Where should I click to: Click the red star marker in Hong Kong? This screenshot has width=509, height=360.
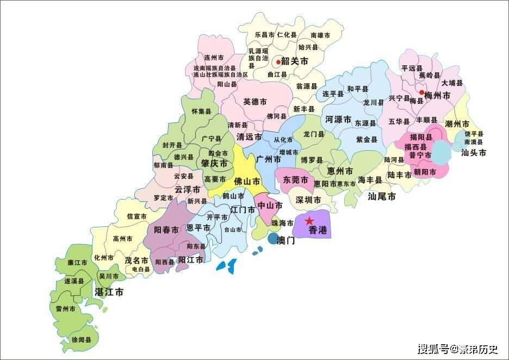click(309, 221)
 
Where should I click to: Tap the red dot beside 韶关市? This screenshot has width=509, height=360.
click(278, 62)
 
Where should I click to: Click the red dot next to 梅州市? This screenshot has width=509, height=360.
click(421, 93)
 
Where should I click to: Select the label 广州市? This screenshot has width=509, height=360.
click(268, 159)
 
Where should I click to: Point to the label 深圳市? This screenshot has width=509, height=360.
click(308, 200)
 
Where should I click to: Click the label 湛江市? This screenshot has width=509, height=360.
click(109, 292)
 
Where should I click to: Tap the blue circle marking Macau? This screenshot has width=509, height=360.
click(273, 238)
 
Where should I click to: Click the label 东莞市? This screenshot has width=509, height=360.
click(296, 179)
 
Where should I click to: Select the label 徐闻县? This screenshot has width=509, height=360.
click(82, 339)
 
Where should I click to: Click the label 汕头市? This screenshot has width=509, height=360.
click(473, 153)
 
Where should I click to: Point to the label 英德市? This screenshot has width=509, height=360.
click(254, 102)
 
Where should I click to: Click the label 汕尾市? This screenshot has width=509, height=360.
click(382, 196)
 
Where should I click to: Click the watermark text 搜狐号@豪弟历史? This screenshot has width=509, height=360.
click(457, 349)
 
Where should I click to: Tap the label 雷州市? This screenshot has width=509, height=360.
click(66, 308)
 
